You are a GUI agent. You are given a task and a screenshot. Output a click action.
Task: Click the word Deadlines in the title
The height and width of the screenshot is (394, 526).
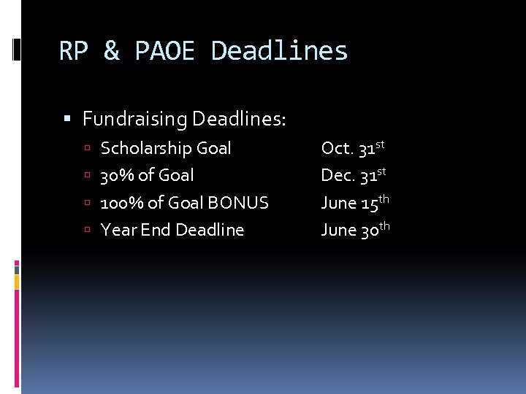(279, 51)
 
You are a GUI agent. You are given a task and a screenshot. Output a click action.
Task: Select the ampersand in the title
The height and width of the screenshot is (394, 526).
(112, 51)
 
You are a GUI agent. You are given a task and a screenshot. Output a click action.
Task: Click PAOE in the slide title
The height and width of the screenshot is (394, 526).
(165, 51)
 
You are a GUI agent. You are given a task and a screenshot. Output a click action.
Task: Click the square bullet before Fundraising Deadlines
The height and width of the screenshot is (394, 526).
(67, 118)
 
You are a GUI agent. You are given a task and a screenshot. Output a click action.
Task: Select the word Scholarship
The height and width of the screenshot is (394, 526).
(142, 148)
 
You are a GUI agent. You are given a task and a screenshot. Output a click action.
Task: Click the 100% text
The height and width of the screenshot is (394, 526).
(121, 203)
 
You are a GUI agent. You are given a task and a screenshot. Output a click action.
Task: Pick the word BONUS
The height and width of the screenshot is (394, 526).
(240, 203)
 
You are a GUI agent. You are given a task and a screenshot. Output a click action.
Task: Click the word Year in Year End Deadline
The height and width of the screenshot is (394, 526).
(116, 230)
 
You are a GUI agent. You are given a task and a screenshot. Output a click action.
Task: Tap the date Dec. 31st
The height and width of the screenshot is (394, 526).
(354, 175)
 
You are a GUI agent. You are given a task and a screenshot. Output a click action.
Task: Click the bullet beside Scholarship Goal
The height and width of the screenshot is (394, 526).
(87, 149)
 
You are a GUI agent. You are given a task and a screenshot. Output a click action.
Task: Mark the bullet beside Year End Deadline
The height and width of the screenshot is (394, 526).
(87, 231)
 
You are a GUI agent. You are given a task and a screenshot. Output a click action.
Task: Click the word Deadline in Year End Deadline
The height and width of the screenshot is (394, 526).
(210, 230)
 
